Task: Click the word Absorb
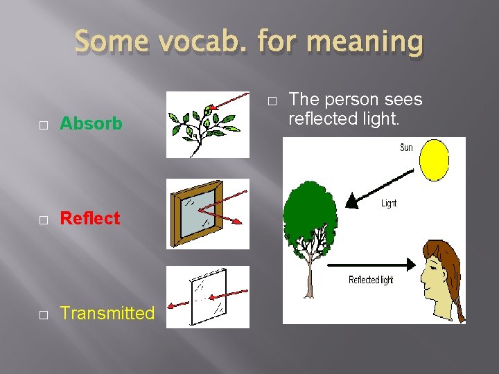pos(91,124)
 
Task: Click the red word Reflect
pos(90,218)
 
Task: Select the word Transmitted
pos(107,313)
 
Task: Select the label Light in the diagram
pos(389,204)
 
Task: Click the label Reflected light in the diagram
pos(370,280)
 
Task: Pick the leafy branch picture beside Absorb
pos(207,125)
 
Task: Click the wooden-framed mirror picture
pos(207,213)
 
